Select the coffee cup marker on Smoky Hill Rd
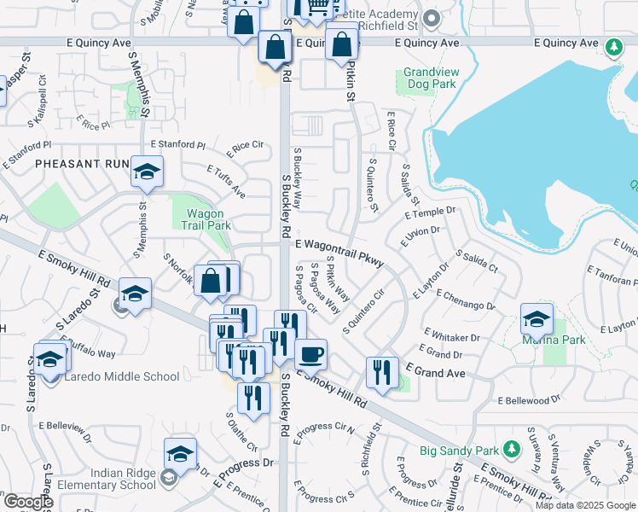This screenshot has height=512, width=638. point(310,353)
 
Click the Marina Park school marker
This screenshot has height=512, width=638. point(536,320)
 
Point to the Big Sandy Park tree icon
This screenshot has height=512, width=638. point(511,448)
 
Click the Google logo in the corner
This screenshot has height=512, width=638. point(27,502)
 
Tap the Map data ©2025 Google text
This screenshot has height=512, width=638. point(586,505)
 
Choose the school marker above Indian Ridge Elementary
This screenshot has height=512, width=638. point(180,454)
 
